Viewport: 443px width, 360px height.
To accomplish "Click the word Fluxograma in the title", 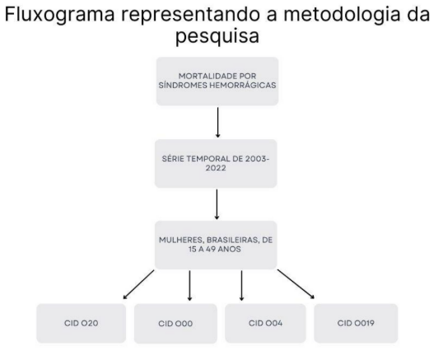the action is [60, 15].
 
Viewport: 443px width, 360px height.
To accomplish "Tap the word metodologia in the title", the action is [342, 15].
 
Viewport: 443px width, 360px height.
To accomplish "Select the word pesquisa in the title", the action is [217, 37].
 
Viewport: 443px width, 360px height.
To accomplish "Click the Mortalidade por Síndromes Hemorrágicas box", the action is [217, 82].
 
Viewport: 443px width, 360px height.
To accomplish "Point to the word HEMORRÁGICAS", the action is [243, 86].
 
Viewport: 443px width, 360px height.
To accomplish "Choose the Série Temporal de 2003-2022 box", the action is [216, 163].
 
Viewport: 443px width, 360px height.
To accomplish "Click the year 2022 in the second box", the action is [216, 168].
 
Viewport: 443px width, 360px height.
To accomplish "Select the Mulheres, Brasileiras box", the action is [216, 245].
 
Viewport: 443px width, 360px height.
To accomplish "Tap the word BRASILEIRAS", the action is [233, 241].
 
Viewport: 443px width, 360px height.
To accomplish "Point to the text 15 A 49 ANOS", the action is [215, 250].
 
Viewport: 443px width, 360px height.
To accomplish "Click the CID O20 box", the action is [81, 323].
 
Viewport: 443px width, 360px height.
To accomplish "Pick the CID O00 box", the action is [175, 324].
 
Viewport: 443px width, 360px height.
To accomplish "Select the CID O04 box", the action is [266, 323].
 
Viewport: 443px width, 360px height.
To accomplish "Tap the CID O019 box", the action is [356, 323].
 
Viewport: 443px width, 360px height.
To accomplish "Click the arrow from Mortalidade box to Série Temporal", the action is [217, 123].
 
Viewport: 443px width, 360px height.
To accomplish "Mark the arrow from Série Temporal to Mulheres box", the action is [217, 204].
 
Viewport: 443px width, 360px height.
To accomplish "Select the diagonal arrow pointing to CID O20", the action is [138, 284].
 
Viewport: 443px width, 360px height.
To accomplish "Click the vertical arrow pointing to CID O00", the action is [189, 285].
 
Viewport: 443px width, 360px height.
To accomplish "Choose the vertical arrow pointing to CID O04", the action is [241, 285].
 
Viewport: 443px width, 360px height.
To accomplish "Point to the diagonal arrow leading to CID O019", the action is [296, 284].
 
